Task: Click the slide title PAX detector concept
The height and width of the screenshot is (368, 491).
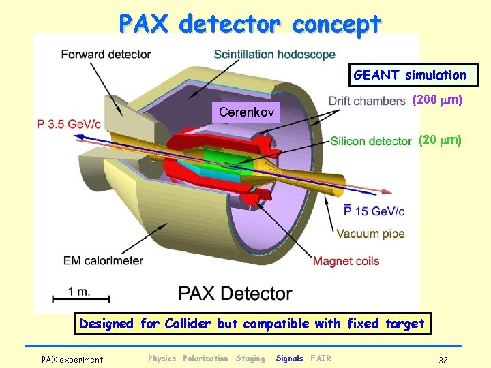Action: pos(250,24)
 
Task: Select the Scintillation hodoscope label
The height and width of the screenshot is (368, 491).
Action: pos(274,54)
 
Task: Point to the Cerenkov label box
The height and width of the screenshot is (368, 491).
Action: pos(246,111)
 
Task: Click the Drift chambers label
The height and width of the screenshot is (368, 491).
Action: pos(367,101)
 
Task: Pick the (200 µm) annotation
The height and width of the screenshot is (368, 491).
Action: pos(437,100)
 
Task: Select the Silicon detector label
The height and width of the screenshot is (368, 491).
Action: pos(371,141)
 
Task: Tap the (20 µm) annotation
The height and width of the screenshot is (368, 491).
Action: pos(440,140)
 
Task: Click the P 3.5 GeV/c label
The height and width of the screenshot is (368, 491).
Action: pos(69,125)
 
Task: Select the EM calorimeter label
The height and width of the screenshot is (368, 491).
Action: pos(103,260)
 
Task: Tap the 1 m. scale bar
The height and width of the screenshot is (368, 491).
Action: pos(81,296)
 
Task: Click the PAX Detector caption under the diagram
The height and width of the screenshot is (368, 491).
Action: pos(235,294)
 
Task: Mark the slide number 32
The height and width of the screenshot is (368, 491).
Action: pos(443,359)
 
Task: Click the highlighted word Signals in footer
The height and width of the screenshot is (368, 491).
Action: pos(289,358)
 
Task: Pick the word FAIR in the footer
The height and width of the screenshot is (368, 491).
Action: pos(320,358)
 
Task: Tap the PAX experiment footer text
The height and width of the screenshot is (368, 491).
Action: pos(72,359)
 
